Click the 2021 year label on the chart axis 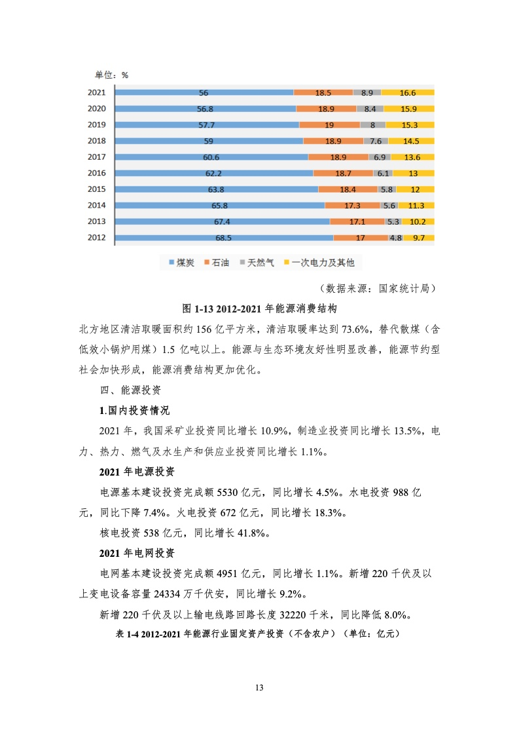(x=96, y=92)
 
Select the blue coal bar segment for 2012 (x=224, y=238)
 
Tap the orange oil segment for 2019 (x=330, y=125)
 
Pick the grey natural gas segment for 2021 (x=367, y=93)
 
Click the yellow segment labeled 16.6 (x=408, y=93)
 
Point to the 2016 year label (x=96, y=173)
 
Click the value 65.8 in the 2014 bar (x=219, y=206)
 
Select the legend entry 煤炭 (x=181, y=263)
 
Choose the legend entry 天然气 (x=257, y=263)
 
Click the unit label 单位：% (x=111, y=75)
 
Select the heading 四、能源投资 (x=130, y=390)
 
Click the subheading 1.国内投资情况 (x=134, y=411)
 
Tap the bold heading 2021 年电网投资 (x=137, y=553)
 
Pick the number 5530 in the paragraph (x=227, y=492)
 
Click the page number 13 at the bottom (x=259, y=688)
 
